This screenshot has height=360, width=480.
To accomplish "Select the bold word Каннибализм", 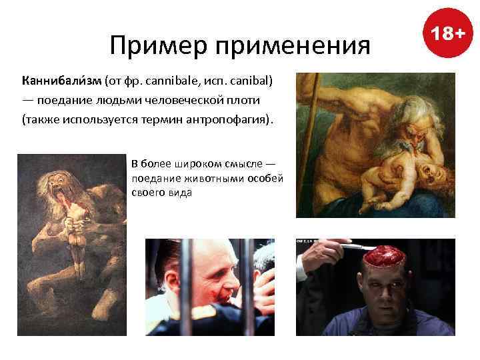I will (61, 81).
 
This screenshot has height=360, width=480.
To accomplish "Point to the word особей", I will (265, 179).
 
